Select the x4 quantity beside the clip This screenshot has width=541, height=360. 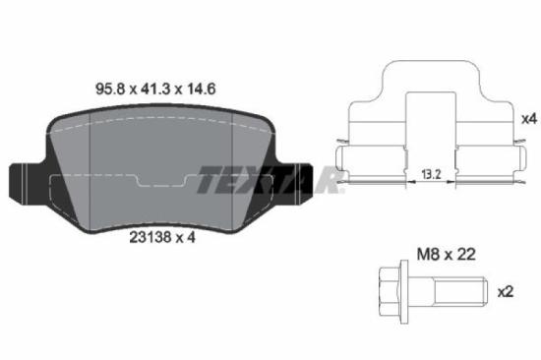pos(528,119)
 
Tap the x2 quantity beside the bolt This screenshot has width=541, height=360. pos(506,292)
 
